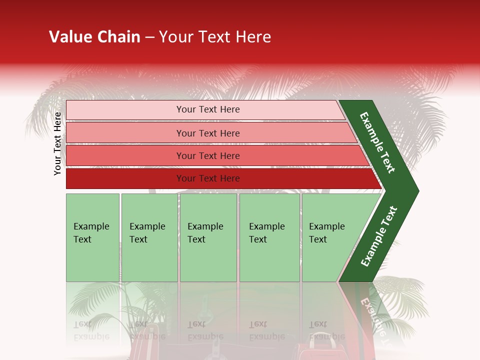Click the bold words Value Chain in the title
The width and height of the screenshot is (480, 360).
[94, 37]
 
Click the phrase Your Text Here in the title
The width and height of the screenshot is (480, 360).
[215, 37]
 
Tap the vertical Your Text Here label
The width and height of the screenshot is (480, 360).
[57, 143]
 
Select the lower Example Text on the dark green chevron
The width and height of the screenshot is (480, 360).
[379, 236]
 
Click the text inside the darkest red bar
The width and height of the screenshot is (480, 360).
[208, 178]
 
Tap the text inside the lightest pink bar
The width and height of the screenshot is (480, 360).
[208, 109]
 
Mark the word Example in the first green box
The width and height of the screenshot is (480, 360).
[91, 226]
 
